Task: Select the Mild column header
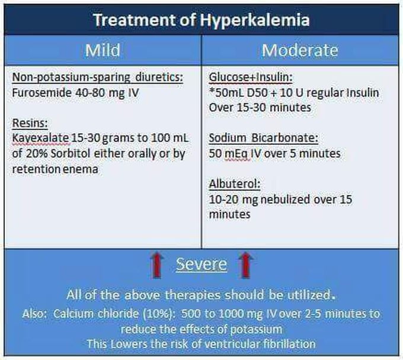pos(103,50)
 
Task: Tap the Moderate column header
pos(300,50)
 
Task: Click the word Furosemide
pos(41,93)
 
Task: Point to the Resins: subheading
pos(30,123)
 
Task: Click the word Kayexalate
pos(41,138)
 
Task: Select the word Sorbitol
pos(71,154)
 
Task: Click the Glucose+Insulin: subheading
pos(251,77)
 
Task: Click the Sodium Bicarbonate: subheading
pos(264,138)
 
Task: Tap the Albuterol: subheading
pos(235,184)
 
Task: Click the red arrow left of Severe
pos(156,265)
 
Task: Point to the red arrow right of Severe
pos(246,265)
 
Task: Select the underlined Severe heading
pos(201,265)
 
